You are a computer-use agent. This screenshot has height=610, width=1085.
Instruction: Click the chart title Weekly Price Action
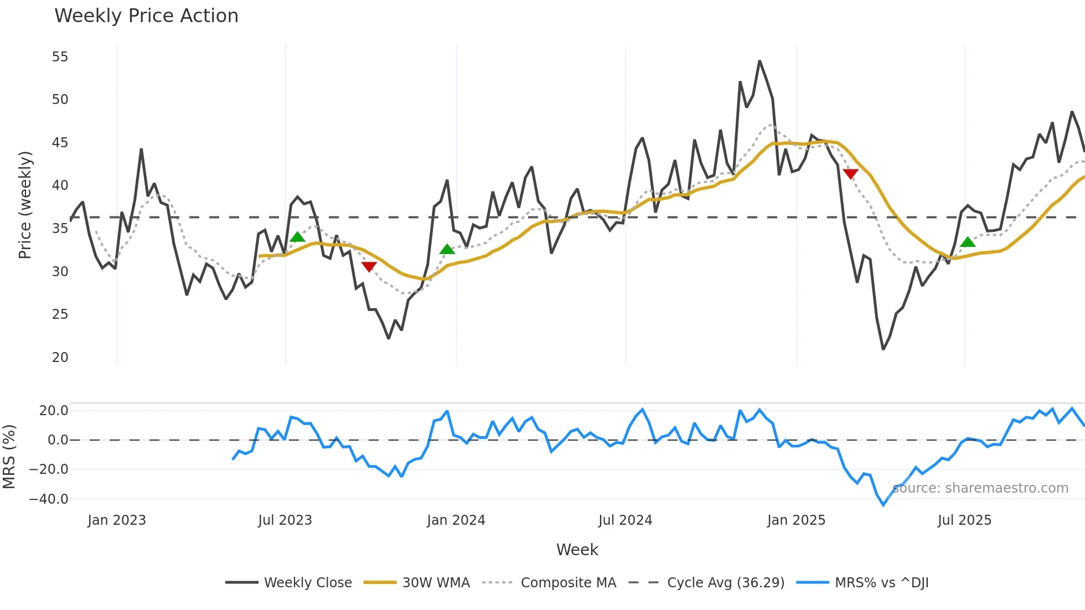[x=146, y=16]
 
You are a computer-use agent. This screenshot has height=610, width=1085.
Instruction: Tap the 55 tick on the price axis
[x=60, y=57]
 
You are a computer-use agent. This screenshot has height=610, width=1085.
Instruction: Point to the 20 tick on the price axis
[x=60, y=358]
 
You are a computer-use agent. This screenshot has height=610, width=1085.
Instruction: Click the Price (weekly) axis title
[x=25, y=205]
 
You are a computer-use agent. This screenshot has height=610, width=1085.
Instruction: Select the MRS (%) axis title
[x=9, y=457]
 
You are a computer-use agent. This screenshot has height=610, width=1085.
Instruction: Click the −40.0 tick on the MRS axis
[x=49, y=499]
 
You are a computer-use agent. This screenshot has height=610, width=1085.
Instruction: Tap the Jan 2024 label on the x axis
[x=456, y=520]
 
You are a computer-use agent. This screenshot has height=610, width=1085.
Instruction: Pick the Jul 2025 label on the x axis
[x=964, y=520]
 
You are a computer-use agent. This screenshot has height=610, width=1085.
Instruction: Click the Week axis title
[x=577, y=550]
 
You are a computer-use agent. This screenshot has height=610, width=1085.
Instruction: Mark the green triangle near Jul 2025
[x=968, y=242]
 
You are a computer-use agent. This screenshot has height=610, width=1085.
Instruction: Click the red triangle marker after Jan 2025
[x=850, y=174]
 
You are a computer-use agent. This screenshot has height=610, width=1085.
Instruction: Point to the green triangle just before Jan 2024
[x=447, y=250]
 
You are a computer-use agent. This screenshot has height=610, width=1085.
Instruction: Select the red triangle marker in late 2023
[x=369, y=267]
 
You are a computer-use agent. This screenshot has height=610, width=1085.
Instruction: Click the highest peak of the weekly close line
[x=759, y=61]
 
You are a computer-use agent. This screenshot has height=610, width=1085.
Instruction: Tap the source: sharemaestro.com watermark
[x=980, y=488]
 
